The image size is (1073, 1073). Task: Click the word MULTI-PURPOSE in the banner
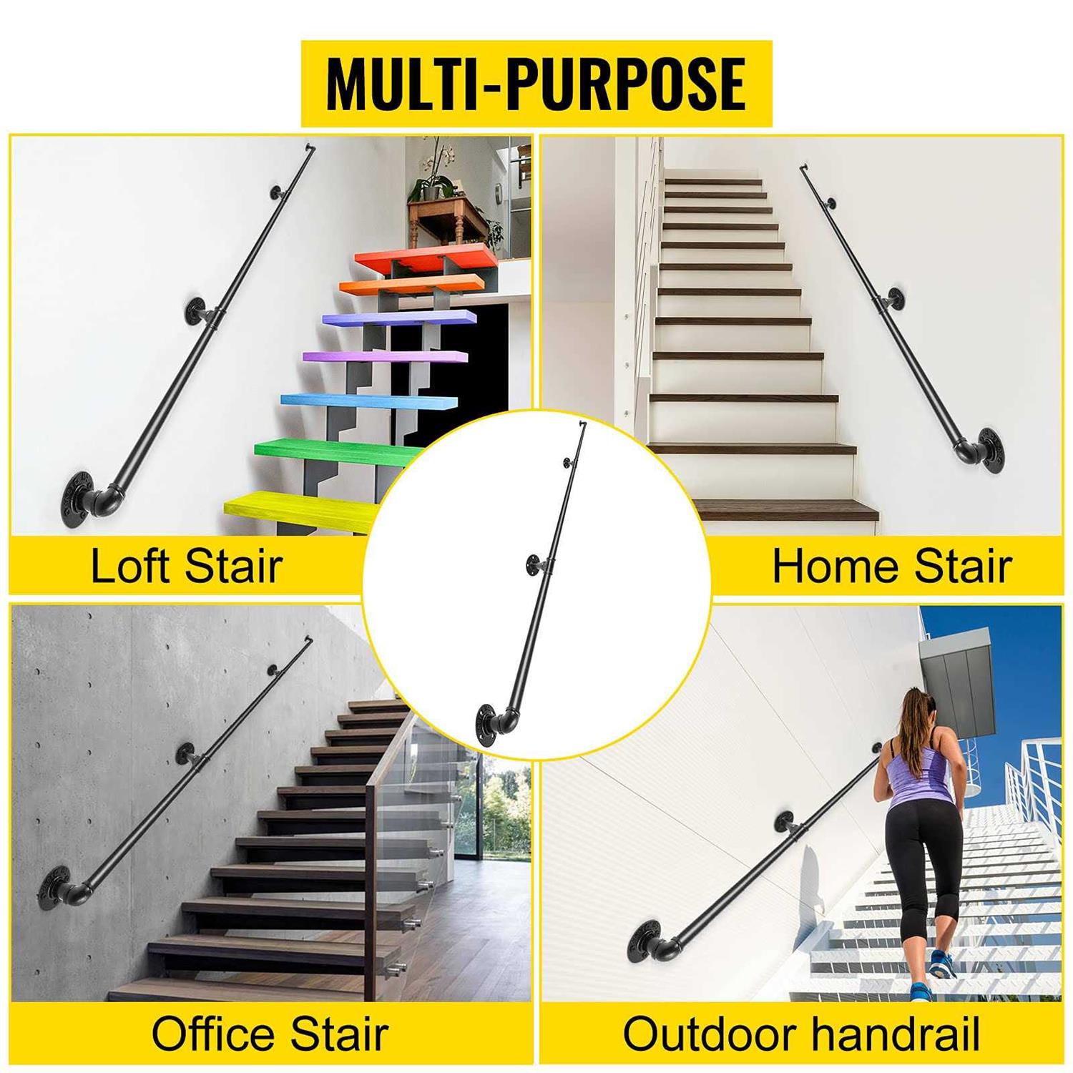[x=536, y=83]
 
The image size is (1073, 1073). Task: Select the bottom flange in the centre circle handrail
[x=491, y=725]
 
